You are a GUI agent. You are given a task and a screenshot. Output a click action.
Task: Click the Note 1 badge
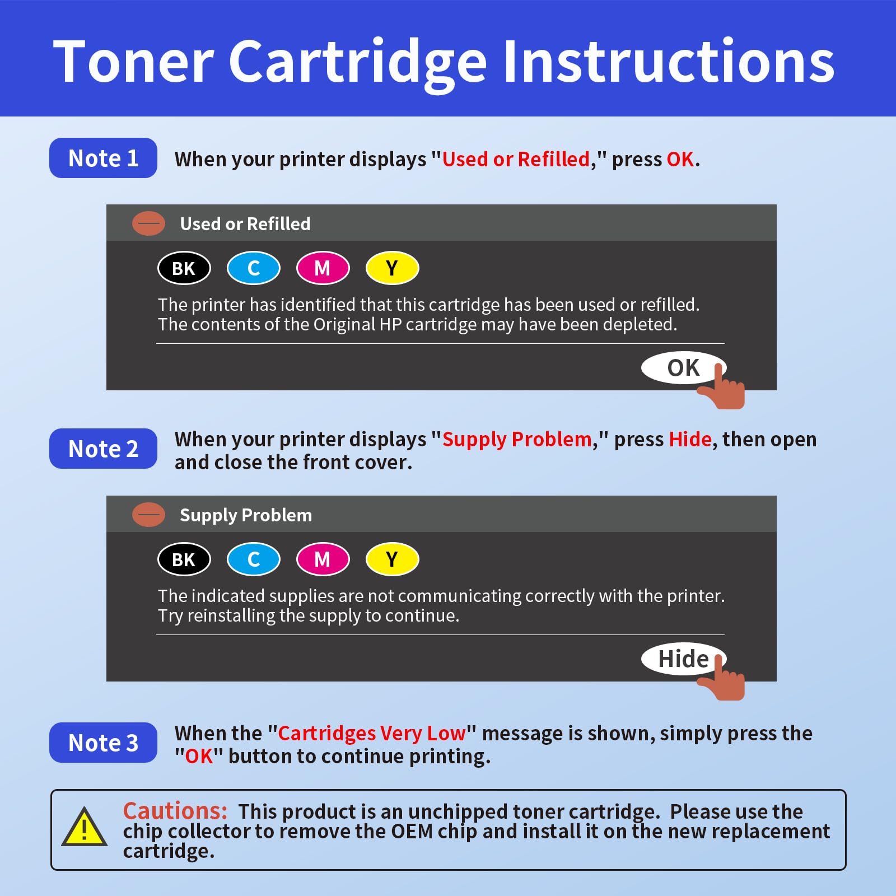tap(103, 158)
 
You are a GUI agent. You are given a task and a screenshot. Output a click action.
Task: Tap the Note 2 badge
tap(103, 449)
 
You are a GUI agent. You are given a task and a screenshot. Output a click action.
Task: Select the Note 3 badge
tap(103, 743)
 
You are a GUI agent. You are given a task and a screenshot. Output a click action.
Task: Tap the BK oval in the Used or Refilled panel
tap(184, 268)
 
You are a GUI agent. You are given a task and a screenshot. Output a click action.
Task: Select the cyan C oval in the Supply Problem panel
tap(253, 559)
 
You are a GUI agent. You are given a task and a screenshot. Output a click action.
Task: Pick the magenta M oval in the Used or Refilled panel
tap(323, 268)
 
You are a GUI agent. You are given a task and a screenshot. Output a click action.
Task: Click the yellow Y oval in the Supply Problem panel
tap(392, 559)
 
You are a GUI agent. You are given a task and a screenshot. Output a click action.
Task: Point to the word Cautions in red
tap(175, 811)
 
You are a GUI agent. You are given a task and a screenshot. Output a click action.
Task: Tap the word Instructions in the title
tap(669, 62)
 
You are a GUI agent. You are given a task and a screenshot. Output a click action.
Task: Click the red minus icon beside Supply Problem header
tap(148, 514)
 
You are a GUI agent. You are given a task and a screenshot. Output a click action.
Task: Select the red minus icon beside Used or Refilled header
tap(148, 223)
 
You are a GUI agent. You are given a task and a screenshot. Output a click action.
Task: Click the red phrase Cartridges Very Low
tap(372, 733)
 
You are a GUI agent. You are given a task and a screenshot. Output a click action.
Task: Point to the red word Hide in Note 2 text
tap(690, 440)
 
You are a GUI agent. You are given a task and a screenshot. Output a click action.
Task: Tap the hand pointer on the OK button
tap(724, 389)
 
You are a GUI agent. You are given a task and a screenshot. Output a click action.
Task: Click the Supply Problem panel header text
tap(245, 515)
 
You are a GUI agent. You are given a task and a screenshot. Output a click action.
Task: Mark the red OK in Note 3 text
tap(199, 757)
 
